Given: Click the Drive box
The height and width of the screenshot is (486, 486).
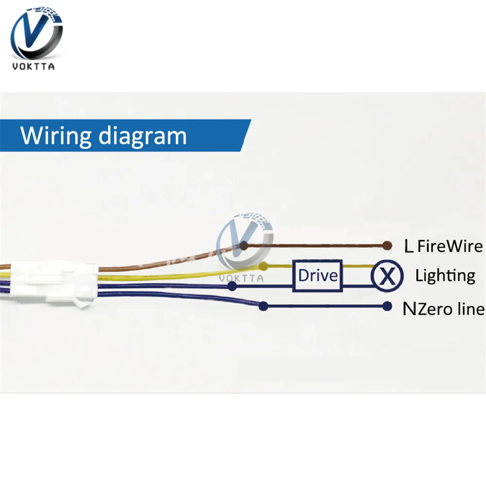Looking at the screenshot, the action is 317,276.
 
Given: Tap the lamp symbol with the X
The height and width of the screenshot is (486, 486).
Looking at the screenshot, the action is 387,276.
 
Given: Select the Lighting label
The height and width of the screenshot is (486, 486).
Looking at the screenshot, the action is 445,276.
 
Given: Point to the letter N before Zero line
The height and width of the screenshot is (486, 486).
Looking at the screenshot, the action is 409,309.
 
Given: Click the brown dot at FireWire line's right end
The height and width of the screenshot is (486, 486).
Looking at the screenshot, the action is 387,245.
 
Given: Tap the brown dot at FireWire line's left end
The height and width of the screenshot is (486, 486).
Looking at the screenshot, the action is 244,246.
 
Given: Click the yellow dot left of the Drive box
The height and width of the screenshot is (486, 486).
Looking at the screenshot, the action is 263,266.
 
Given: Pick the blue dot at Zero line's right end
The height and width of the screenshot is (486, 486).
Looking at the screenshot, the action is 387,306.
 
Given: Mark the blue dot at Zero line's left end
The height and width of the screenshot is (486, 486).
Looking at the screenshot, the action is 263,306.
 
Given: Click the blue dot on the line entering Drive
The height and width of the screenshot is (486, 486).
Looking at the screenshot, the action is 233,286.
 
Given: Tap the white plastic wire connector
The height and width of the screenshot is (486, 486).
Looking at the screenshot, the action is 53,282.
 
